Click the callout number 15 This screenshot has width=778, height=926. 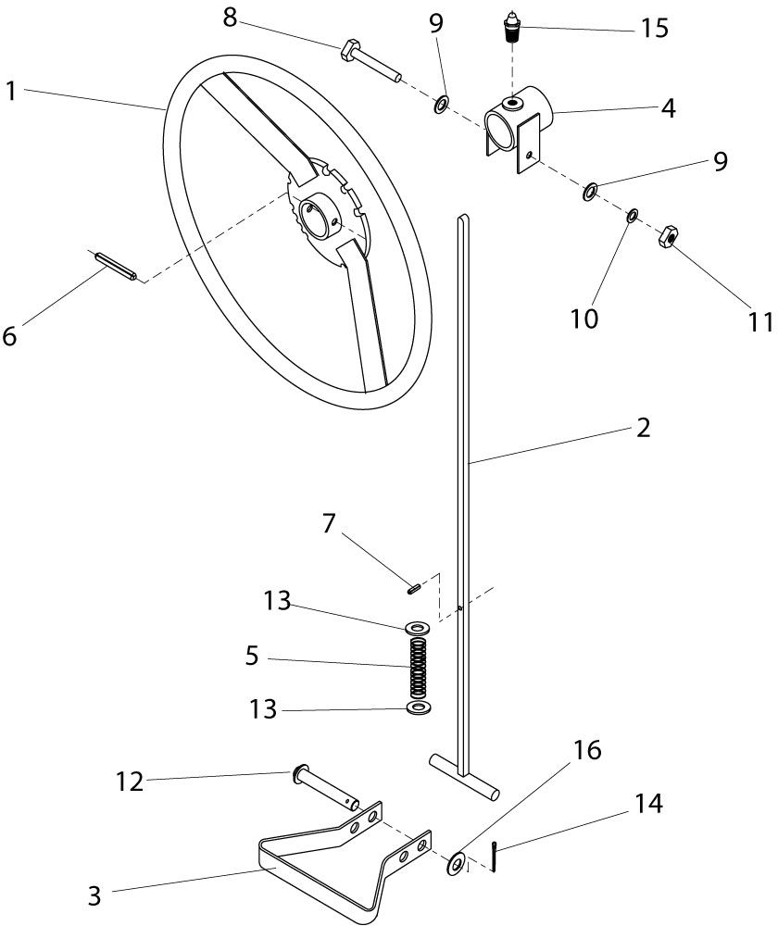pyautogui.click(x=655, y=28)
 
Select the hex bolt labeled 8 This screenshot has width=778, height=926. pyautogui.click(x=370, y=61)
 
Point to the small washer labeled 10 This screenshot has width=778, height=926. pyautogui.click(x=632, y=216)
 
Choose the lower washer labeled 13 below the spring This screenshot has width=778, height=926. pyautogui.click(x=419, y=707)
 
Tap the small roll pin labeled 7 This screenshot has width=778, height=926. pyautogui.click(x=413, y=588)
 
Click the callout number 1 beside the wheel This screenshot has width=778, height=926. pyautogui.click(x=10, y=92)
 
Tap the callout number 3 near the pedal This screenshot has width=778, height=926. pyautogui.click(x=94, y=895)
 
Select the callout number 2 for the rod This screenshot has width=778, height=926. pyautogui.click(x=644, y=428)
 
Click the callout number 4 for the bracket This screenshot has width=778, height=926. pyautogui.click(x=668, y=108)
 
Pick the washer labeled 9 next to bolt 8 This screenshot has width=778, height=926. pyautogui.click(x=441, y=104)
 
